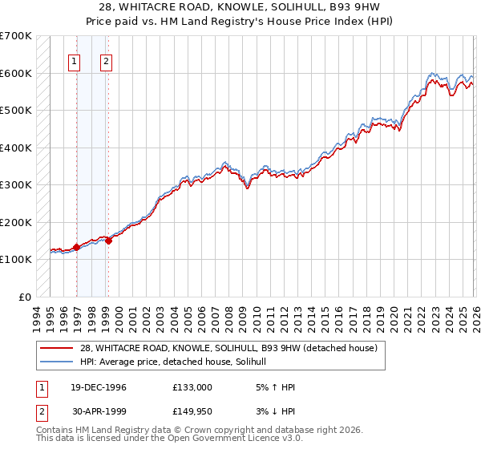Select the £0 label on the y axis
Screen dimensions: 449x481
(x=26, y=297)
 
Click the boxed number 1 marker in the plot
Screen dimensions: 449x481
(x=75, y=60)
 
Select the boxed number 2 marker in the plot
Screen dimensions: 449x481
(x=107, y=60)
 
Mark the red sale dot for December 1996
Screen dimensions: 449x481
(x=76, y=247)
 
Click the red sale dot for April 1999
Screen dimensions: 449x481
(x=108, y=241)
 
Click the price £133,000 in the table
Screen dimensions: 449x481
(x=192, y=387)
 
